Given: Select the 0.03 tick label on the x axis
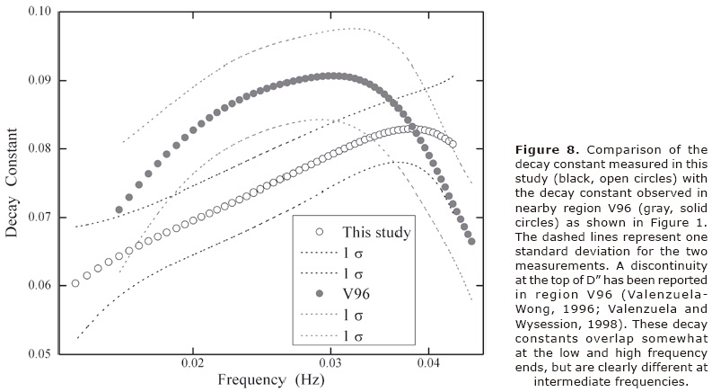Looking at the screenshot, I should coord(331,367).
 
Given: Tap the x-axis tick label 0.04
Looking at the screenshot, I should coord(428,367).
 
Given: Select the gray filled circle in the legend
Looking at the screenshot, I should coord(311,293).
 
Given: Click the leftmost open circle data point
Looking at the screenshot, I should coord(75,282).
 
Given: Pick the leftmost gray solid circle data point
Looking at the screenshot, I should coord(119,209).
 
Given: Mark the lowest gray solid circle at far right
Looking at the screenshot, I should coord(471,241).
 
